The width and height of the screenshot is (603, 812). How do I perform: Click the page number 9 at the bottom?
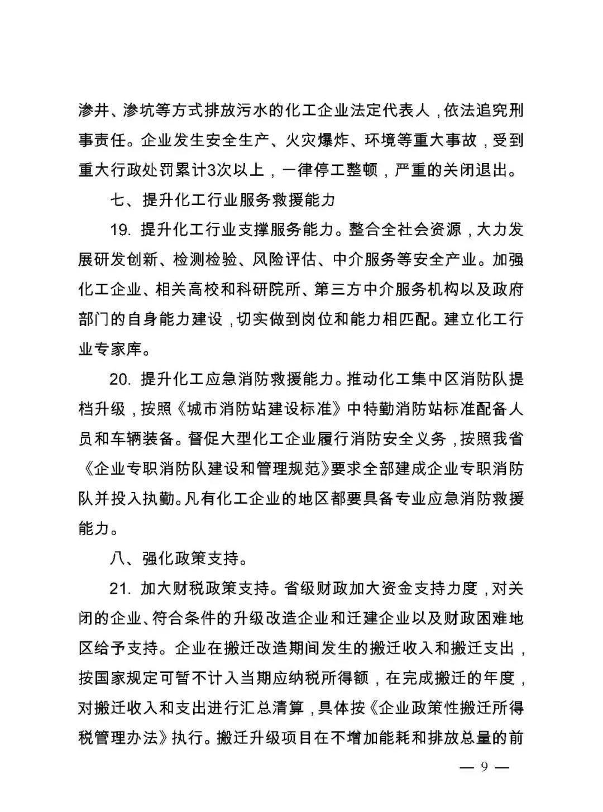[x=484, y=767]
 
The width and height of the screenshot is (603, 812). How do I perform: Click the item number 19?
[x=120, y=230]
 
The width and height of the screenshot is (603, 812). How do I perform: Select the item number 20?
[x=120, y=379]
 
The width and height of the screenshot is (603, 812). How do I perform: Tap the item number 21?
[x=120, y=589]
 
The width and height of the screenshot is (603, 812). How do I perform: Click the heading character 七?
[x=116, y=199]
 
